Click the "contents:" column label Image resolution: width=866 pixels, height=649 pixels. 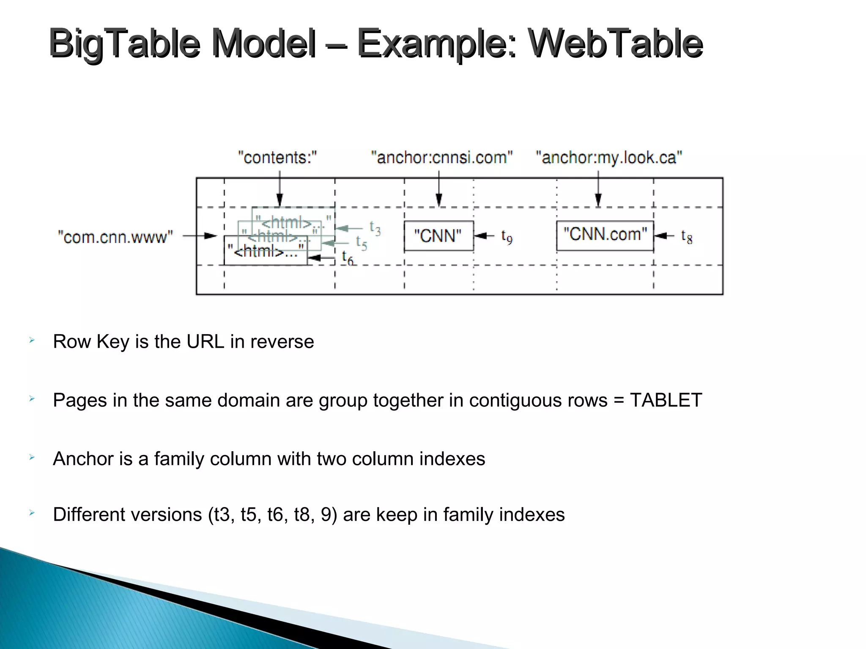[x=277, y=158]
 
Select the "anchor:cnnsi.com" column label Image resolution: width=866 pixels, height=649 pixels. [x=441, y=158]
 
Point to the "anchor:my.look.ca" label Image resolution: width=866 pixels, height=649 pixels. [x=609, y=158]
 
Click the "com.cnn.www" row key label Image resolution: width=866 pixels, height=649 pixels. [x=115, y=237]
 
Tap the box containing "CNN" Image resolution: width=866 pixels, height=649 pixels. [x=438, y=236]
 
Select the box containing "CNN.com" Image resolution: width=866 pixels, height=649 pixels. [x=605, y=235]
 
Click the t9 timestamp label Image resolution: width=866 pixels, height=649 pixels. [x=507, y=237]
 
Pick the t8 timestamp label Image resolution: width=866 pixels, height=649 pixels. [x=687, y=237]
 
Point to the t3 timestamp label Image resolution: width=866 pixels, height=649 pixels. [x=375, y=228]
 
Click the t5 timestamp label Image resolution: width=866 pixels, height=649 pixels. [x=361, y=243]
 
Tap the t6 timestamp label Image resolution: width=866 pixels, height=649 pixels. [x=347, y=258]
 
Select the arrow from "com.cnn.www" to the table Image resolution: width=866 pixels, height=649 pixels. [x=200, y=236]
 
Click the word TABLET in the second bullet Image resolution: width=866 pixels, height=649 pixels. [x=666, y=400]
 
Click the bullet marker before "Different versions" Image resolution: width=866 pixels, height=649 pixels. [x=32, y=513]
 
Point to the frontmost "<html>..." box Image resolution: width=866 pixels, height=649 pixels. [x=265, y=252]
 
